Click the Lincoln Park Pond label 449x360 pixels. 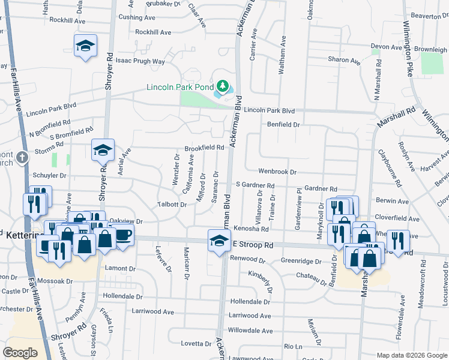[x=180, y=87]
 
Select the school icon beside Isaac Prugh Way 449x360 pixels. [x=85, y=46]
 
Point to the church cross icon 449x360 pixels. [x=22, y=158]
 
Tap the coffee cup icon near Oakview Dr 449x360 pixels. [x=123, y=235]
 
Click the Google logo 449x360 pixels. [x=20, y=352]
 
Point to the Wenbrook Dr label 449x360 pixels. [x=278, y=172]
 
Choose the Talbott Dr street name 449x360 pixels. [x=172, y=205]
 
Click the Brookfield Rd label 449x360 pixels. [x=204, y=148]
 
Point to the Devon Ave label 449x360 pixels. [x=386, y=47]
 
